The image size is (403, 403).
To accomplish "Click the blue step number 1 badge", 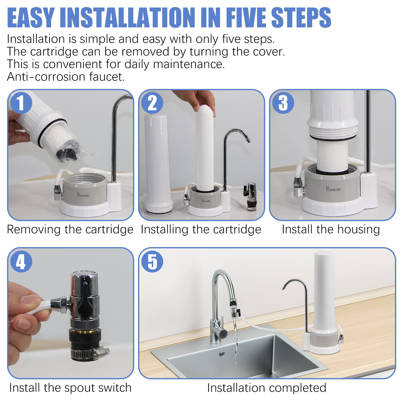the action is tap(21, 103).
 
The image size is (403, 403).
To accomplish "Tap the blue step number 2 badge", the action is tap(152, 103).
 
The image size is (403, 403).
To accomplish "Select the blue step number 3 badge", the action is tap(283, 103).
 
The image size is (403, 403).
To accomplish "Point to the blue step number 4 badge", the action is tap(21, 261).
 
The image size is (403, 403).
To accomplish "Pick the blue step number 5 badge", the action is tap(152, 261).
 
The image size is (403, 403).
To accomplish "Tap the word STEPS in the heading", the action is tap(301, 17).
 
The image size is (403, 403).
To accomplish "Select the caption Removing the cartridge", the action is tap(70, 229).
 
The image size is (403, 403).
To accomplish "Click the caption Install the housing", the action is tap(331, 229).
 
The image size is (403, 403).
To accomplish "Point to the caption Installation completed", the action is tap(266, 388).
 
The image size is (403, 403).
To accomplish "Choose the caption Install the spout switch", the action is tap(70, 388).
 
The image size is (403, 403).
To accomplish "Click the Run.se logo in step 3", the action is tap(333, 189).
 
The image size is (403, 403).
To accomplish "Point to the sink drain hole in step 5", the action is tap(222, 354).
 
